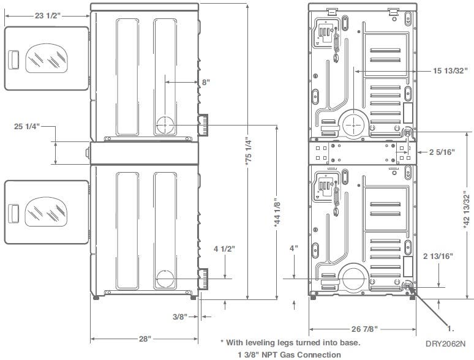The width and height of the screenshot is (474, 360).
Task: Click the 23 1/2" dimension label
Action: (48, 15)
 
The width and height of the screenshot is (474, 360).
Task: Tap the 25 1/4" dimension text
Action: (27, 126)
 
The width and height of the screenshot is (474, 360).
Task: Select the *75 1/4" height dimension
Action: (248, 152)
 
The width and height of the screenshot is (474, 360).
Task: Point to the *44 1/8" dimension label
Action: (277, 212)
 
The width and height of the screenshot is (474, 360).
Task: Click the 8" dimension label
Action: (206, 82)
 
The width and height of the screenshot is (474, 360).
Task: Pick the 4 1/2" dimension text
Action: (224, 249)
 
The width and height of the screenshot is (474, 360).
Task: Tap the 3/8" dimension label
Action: (180, 317)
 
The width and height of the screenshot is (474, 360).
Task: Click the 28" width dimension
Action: (145, 339)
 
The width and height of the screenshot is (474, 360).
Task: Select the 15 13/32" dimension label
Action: (450, 71)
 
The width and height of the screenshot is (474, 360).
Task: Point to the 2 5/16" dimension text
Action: (442, 152)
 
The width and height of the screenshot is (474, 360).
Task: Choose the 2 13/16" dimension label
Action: (438, 257)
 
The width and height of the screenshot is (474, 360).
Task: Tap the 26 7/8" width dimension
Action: (364, 329)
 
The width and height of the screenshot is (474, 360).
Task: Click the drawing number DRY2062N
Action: (446, 343)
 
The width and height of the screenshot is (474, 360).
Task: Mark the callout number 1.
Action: (450, 329)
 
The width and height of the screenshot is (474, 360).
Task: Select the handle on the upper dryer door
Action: (13, 60)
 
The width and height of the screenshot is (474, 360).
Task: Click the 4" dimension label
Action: (294, 249)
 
